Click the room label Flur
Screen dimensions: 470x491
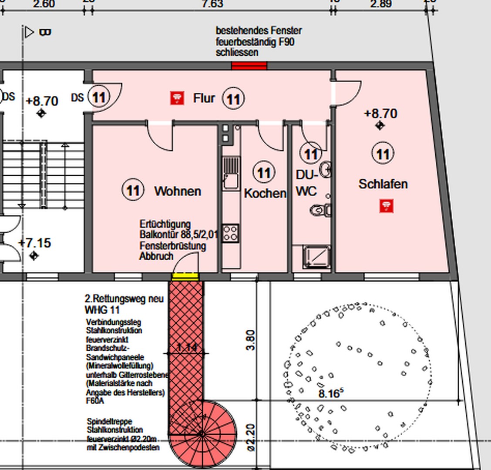pos(204,98)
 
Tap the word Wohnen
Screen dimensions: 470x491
pos(178,191)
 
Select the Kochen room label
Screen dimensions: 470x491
pos(265,193)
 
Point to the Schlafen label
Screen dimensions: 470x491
pos(383,184)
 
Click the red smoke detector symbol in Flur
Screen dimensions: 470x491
pos(176,98)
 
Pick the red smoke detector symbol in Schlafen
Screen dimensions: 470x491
pos(386,206)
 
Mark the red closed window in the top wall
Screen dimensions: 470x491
pos(249,66)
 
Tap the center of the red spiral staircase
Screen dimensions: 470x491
pos(202,433)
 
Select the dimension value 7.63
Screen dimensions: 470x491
pos(212,4)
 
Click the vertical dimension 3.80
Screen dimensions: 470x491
pos(251,340)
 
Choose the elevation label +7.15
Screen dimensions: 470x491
pos(35,243)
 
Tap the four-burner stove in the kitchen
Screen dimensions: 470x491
pos(231,233)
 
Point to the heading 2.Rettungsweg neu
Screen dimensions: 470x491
pos(124,299)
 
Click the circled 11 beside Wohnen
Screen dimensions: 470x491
pos(133,191)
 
